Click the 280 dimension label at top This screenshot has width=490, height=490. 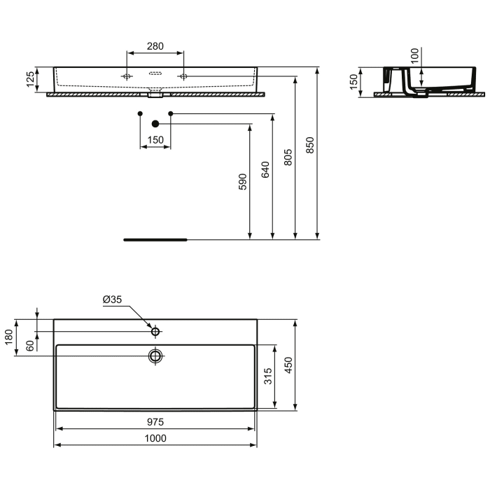pos(155,46)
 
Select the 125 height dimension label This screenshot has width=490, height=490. pos(30,79)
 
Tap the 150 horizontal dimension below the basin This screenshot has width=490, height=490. pos(155,141)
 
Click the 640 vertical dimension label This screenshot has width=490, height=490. pos(265,170)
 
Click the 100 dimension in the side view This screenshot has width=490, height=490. pos(414,56)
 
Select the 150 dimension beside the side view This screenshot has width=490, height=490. pos(354,83)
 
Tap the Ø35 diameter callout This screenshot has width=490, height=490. pos(112,300)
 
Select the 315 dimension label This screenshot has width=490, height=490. pos(268,377)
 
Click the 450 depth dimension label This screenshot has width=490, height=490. pos(288,365)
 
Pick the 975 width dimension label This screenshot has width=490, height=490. pos(155,421)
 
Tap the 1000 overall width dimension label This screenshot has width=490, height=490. pos(155,438)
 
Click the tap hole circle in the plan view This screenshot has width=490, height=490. pos(155,331)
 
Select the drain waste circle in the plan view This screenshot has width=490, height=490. pos(155,356)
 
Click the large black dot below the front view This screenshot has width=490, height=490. pos(155,124)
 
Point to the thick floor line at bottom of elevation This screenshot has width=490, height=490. pos(155,239)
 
